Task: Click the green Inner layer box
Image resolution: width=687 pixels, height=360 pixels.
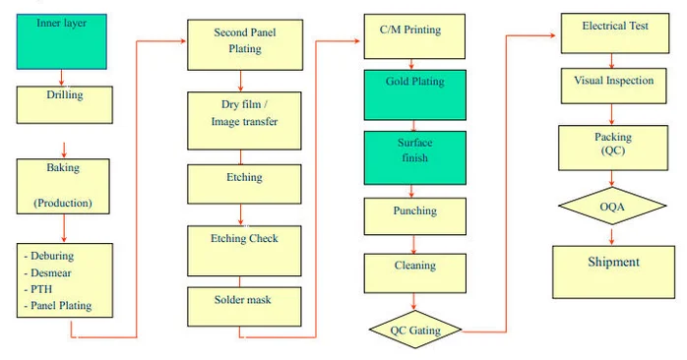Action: (61, 40)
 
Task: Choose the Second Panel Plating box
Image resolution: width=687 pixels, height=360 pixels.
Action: (244, 40)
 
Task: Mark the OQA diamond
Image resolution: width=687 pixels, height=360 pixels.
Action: (612, 207)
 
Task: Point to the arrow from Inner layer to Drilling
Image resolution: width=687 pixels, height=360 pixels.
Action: (61, 78)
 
